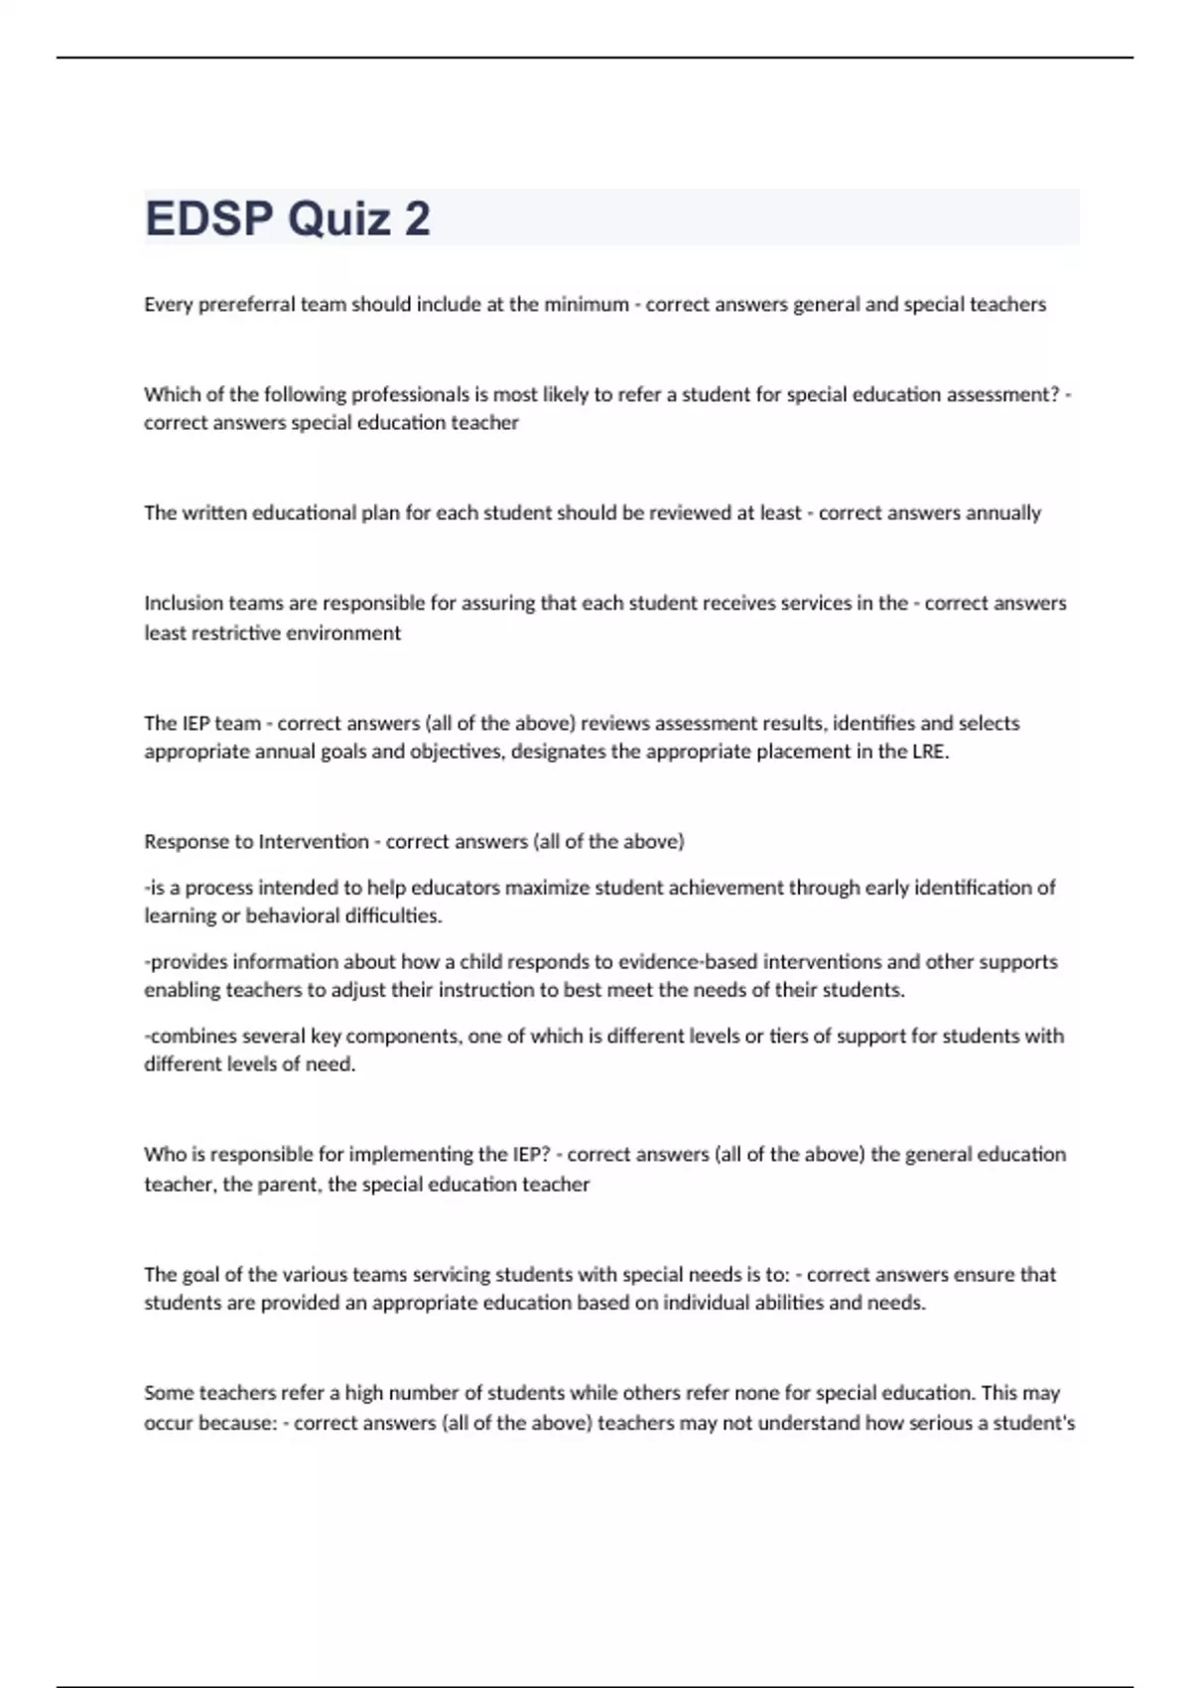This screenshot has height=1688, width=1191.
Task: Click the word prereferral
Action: coord(246,305)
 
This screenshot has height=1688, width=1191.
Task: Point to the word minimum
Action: coord(583,305)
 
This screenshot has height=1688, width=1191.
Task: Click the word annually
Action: coord(1003,513)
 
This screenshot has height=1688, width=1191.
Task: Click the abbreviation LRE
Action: coord(928,752)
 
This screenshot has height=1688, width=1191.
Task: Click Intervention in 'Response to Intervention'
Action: coord(314,842)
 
